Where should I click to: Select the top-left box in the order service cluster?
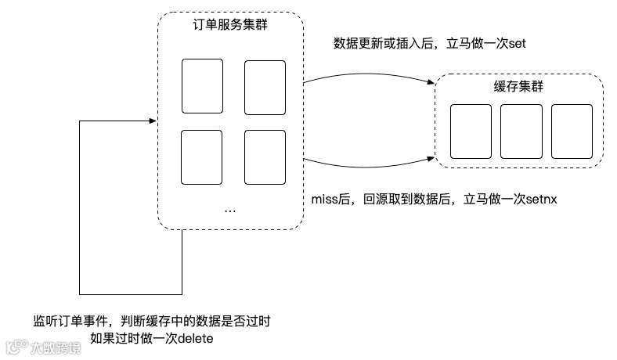tap(201, 85)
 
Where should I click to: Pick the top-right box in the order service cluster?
tap(264, 85)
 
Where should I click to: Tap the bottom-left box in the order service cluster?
tap(201, 157)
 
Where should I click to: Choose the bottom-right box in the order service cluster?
tap(264, 157)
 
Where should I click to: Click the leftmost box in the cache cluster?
tap(471, 131)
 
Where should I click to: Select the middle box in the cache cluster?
tap(521, 131)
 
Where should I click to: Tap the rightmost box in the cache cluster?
tap(571, 131)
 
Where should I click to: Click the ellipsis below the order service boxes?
tap(231, 210)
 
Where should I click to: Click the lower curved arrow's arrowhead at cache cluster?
tap(431, 160)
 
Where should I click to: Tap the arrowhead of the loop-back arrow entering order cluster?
tap(153, 121)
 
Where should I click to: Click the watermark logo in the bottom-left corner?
tap(16, 345)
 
